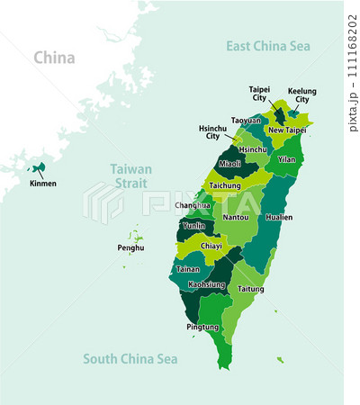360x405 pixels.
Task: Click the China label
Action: pyautogui.click(x=54, y=58)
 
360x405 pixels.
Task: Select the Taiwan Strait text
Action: pyautogui.click(x=130, y=175)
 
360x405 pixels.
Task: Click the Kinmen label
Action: pyautogui.click(x=41, y=184)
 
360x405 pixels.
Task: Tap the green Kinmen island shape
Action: pyautogui.click(x=39, y=167)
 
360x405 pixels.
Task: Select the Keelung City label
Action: pyautogui.click(x=301, y=95)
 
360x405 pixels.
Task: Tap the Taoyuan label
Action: pyautogui.click(x=246, y=120)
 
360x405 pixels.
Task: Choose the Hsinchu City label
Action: pyautogui.click(x=213, y=132)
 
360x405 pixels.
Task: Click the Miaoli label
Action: pyautogui.click(x=230, y=163)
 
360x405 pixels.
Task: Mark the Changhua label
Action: pyautogui.click(x=192, y=205)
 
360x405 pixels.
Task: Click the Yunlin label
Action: pyautogui.click(x=193, y=227)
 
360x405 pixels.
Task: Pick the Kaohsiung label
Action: pyautogui.click(x=206, y=284)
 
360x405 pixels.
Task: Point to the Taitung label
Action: pyautogui.click(x=251, y=289)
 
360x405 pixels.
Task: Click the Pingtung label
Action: pyautogui.click(x=202, y=327)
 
